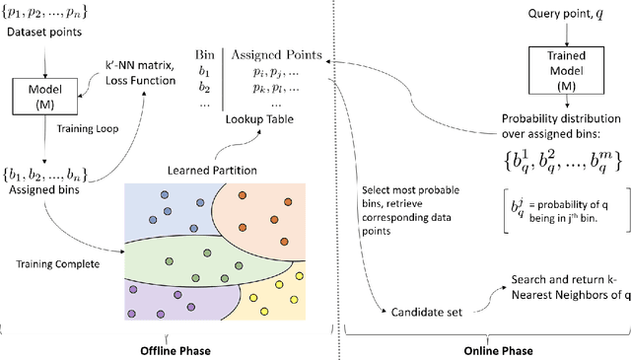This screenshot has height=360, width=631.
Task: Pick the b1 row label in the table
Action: (203, 72)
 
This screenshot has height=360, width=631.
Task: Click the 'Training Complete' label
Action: (53, 263)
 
